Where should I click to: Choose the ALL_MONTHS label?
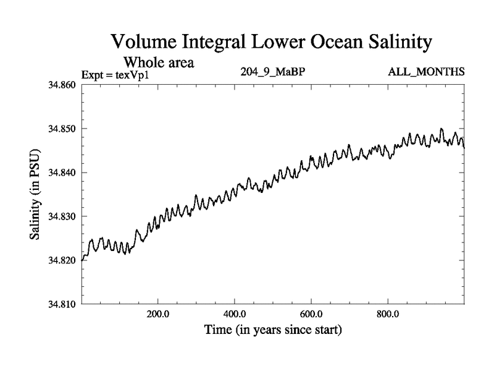(x=425, y=72)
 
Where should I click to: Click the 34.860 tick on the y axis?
(x=62, y=85)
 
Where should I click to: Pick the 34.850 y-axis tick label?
(x=62, y=129)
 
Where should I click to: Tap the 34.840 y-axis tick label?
(x=62, y=173)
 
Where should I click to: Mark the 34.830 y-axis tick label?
(x=62, y=216)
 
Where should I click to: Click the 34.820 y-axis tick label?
(x=62, y=260)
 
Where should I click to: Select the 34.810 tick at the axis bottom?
(x=62, y=304)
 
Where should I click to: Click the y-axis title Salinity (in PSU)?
(x=36, y=194)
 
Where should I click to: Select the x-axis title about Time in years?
(x=273, y=330)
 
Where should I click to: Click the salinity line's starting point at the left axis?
(x=82, y=260)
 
